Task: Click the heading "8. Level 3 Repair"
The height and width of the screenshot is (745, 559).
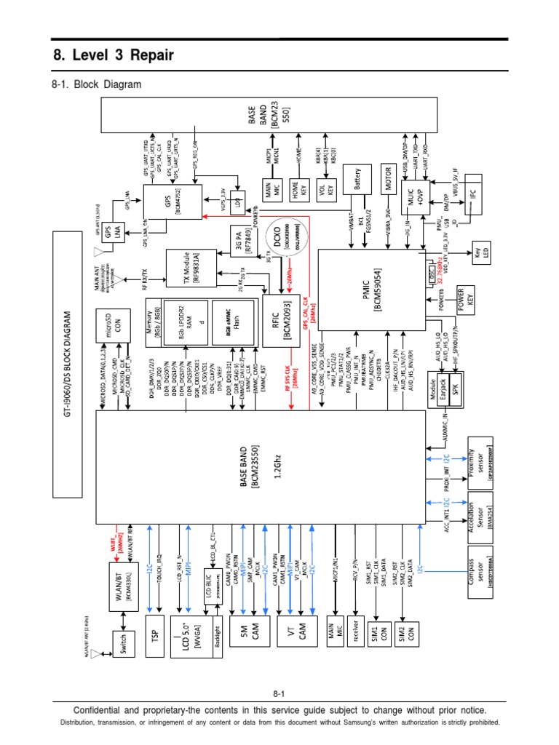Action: point(114,56)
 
